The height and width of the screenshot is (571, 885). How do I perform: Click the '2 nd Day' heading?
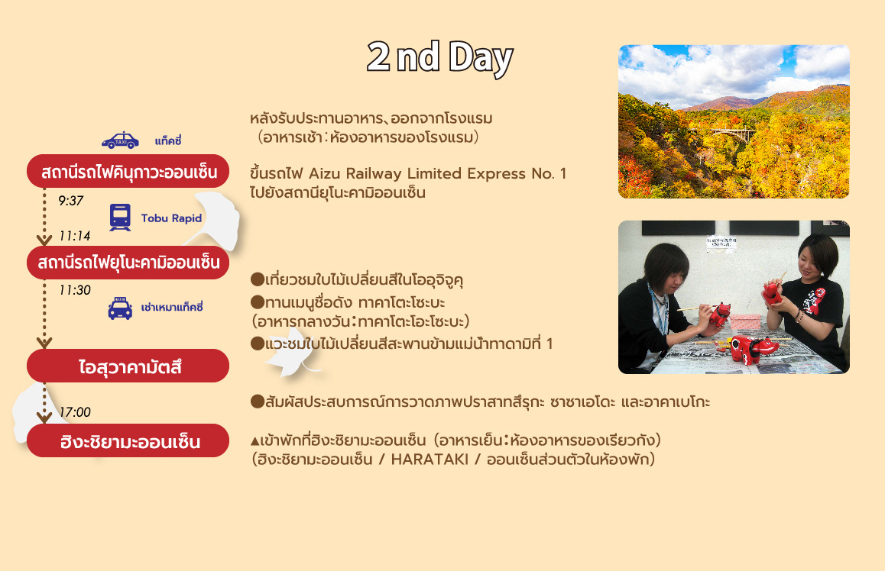(x=439, y=58)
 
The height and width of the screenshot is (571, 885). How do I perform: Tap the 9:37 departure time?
(x=70, y=201)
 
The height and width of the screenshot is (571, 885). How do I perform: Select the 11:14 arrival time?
(x=74, y=236)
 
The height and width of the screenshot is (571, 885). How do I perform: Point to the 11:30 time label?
(x=74, y=290)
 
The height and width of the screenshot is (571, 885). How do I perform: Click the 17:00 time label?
(x=74, y=412)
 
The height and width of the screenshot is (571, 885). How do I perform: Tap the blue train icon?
(x=120, y=218)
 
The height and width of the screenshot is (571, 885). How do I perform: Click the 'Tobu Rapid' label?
(x=171, y=218)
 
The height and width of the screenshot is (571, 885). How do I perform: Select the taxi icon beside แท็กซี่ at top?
(x=120, y=140)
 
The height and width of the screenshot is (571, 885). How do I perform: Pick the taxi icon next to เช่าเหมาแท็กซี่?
(x=120, y=308)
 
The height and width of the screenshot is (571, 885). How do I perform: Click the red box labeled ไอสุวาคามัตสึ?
(x=128, y=366)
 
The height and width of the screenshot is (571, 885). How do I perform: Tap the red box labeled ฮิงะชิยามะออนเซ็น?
(x=128, y=440)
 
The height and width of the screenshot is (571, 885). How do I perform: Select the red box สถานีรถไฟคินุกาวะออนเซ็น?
(x=128, y=171)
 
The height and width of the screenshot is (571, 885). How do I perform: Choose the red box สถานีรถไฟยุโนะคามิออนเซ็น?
(x=128, y=263)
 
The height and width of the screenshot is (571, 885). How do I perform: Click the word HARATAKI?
(x=430, y=460)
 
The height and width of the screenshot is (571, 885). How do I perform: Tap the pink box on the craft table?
(x=746, y=322)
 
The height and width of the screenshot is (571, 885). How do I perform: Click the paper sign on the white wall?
(x=721, y=243)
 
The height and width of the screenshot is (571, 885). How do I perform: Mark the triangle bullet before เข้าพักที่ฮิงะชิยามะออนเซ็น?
(x=254, y=440)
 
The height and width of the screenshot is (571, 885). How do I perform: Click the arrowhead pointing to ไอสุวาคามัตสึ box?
(x=44, y=343)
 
